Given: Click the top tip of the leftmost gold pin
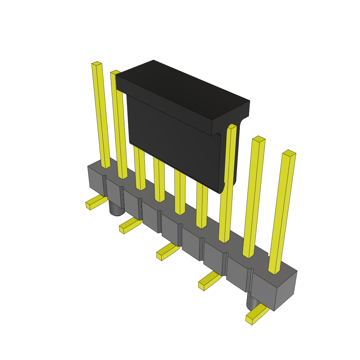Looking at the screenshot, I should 97,64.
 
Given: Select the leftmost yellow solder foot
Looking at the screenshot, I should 95,203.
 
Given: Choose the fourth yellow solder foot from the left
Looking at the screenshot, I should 209,281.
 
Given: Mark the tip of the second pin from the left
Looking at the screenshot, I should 115,72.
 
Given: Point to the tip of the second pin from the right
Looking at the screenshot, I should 258,139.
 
